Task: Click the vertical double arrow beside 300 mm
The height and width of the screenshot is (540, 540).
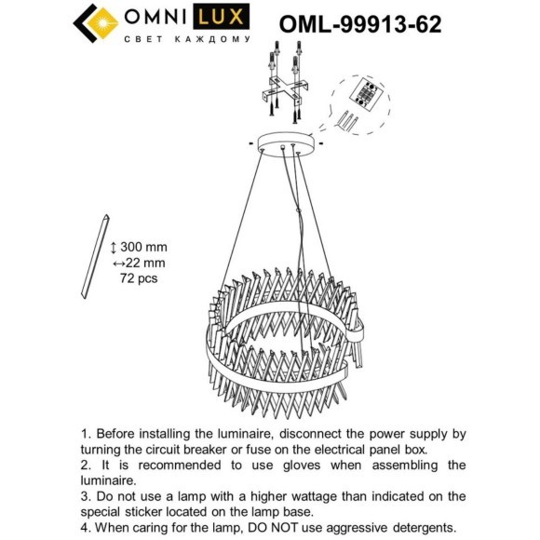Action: (114, 247)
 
